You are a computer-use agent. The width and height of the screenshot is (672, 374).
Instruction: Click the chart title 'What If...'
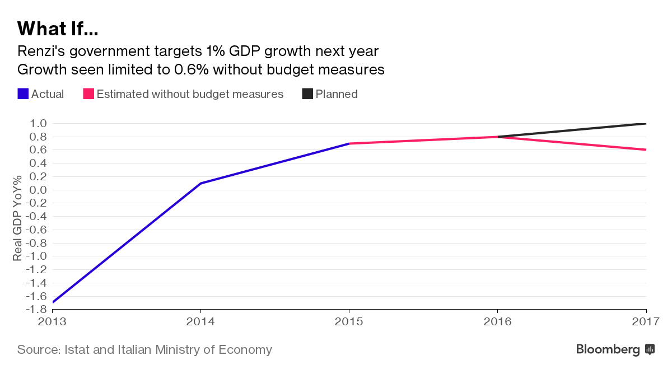[58, 28]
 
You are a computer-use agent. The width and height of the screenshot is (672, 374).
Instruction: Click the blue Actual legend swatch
[23, 94]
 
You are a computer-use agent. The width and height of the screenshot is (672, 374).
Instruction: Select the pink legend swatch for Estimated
[88, 94]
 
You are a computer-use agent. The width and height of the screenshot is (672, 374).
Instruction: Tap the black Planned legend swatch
[307, 94]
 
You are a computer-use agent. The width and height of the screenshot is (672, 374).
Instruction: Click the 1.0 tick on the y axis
[36, 124]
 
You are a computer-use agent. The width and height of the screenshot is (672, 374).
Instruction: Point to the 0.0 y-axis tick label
[36, 190]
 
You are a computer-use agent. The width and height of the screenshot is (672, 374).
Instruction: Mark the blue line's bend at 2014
[200, 183]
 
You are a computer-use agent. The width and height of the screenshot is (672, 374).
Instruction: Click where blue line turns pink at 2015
[349, 143]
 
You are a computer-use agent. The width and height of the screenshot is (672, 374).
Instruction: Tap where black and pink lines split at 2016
[498, 137]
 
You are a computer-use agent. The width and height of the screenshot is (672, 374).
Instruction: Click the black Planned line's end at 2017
[646, 124]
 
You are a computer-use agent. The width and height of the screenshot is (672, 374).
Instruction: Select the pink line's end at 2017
[646, 149]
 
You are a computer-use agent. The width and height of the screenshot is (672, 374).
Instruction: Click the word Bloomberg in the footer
[608, 350]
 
